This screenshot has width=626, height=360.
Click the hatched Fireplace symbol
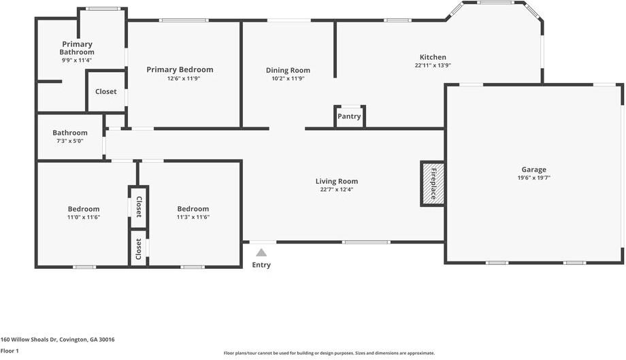tap(433, 184)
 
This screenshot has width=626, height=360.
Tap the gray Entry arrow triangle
tap(261, 252)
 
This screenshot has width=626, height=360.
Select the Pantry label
tap(349, 116)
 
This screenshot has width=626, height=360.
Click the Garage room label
tap(533, 169)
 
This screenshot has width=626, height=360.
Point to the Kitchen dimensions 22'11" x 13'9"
tap(433, 65)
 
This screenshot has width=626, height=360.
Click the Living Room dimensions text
tap(337, 190)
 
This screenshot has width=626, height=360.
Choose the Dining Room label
tap(288, 70)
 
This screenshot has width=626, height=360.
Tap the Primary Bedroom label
tap(180, 69)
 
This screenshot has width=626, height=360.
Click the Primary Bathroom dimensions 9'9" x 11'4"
tap(77, 61)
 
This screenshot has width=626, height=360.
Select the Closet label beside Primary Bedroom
tap(105, 91)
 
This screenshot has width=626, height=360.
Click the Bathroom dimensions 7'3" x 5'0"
tap(70, 141)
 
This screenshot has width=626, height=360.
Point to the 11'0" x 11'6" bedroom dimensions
tap(84, 217)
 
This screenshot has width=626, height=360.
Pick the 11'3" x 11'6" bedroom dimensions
tap(193, 217)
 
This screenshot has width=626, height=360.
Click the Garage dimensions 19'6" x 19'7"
tap(533, 178)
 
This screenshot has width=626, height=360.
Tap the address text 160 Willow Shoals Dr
tap(29, 340)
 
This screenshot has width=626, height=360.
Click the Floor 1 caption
tap(10, 351)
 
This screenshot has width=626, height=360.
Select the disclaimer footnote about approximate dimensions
tap(329, 353)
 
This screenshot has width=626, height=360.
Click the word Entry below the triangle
tap(261, 265)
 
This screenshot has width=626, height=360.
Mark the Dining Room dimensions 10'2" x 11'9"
tap(288, 79)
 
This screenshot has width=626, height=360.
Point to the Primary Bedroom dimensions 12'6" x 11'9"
tap(183, 79)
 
